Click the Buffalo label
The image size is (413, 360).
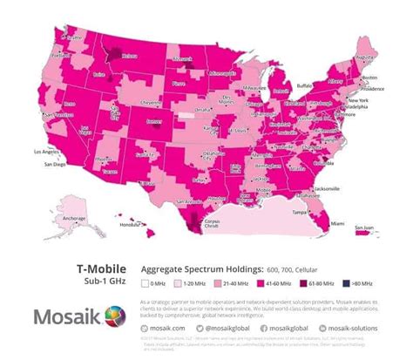coord(304,85)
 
